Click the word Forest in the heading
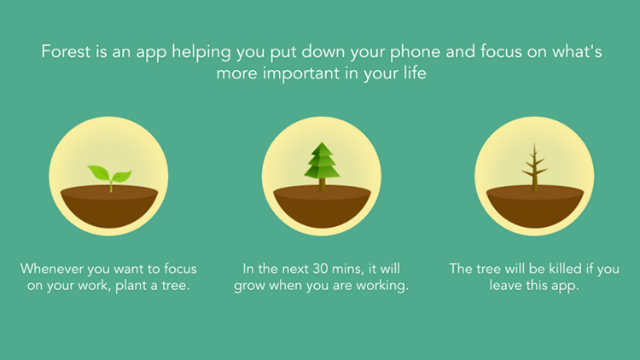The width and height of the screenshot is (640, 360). click(x=66, y=52)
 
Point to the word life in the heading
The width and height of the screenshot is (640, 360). click(x=416, y=73)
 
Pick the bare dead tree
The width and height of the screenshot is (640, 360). click(x=534, y=167)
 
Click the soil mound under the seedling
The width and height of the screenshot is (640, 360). click(x=109, y=206)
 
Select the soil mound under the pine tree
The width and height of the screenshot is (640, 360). click(x=322, y=206)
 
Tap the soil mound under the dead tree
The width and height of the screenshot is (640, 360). click(x=535, y=206)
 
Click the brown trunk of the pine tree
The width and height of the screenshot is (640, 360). click(x=322, y=185)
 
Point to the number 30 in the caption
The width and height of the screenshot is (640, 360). click(x=321, y=269)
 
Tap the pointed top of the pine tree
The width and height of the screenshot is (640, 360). click(x=323, y=142)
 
